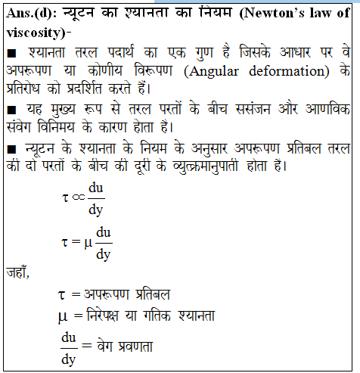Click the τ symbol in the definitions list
coord(63,294)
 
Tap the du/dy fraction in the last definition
coord(69,347)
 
